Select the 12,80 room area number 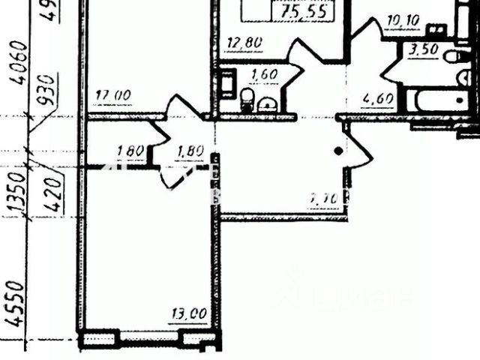(244, 43)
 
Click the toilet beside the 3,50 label (455, 55)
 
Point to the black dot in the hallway (339, 151)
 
